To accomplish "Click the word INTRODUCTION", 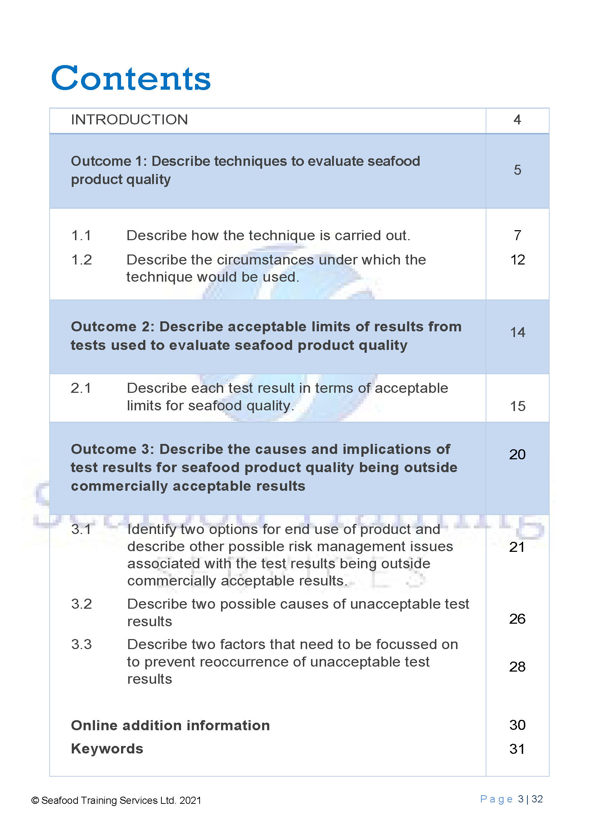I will [129, 120].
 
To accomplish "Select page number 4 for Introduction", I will [517, 120].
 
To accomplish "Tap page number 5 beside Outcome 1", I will [517, 170].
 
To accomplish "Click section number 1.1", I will [81, 236].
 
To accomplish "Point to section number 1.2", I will [81, 260].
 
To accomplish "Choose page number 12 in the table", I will [517, 260].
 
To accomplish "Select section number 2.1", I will [81, 388].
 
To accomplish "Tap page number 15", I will [517, 406].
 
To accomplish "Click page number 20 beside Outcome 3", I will [517, 455].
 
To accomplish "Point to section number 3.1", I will [81, 529].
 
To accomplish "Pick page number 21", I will [517, 547].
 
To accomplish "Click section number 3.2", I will [81, 604].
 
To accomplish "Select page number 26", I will [517, 619].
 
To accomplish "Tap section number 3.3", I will [81, 645].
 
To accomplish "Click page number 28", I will [517, 667].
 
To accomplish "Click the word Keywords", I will [107, 749].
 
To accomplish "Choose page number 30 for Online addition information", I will [517, 725].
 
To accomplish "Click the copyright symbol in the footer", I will [35, 801].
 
